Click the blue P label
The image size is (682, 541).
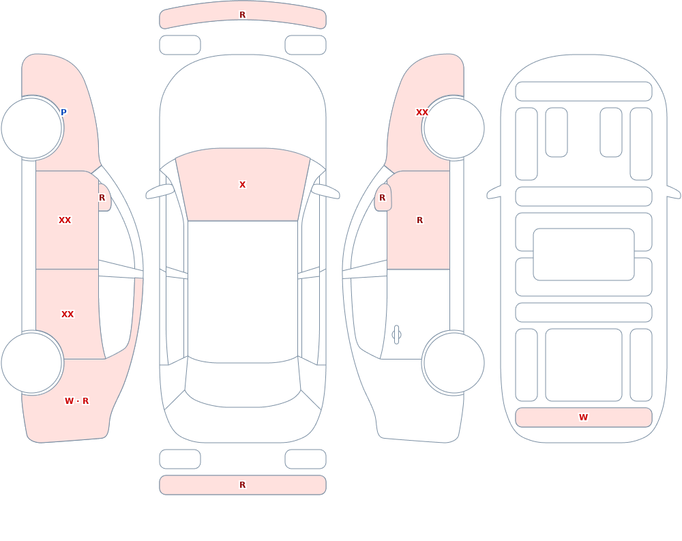click(63, 113)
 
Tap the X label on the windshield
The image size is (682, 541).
click(243, 185)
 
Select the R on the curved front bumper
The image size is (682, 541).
click(243, 15)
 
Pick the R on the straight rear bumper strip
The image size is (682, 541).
click(243, 485)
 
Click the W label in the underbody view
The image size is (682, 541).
click(583, 418)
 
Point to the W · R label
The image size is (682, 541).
click(76, 401)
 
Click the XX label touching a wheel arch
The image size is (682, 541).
click(422, 113)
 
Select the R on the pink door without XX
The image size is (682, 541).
click(419, 220)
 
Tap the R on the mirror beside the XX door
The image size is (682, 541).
click(102, 198)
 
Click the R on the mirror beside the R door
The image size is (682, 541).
click(383, 198)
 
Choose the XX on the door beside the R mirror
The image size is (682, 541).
click(65, 220)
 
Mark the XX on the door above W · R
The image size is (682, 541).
click(68, 315)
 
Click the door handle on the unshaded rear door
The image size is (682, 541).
click(396, 335)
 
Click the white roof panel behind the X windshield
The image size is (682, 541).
click(243, 291)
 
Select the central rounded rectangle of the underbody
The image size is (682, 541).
click(584, 254)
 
